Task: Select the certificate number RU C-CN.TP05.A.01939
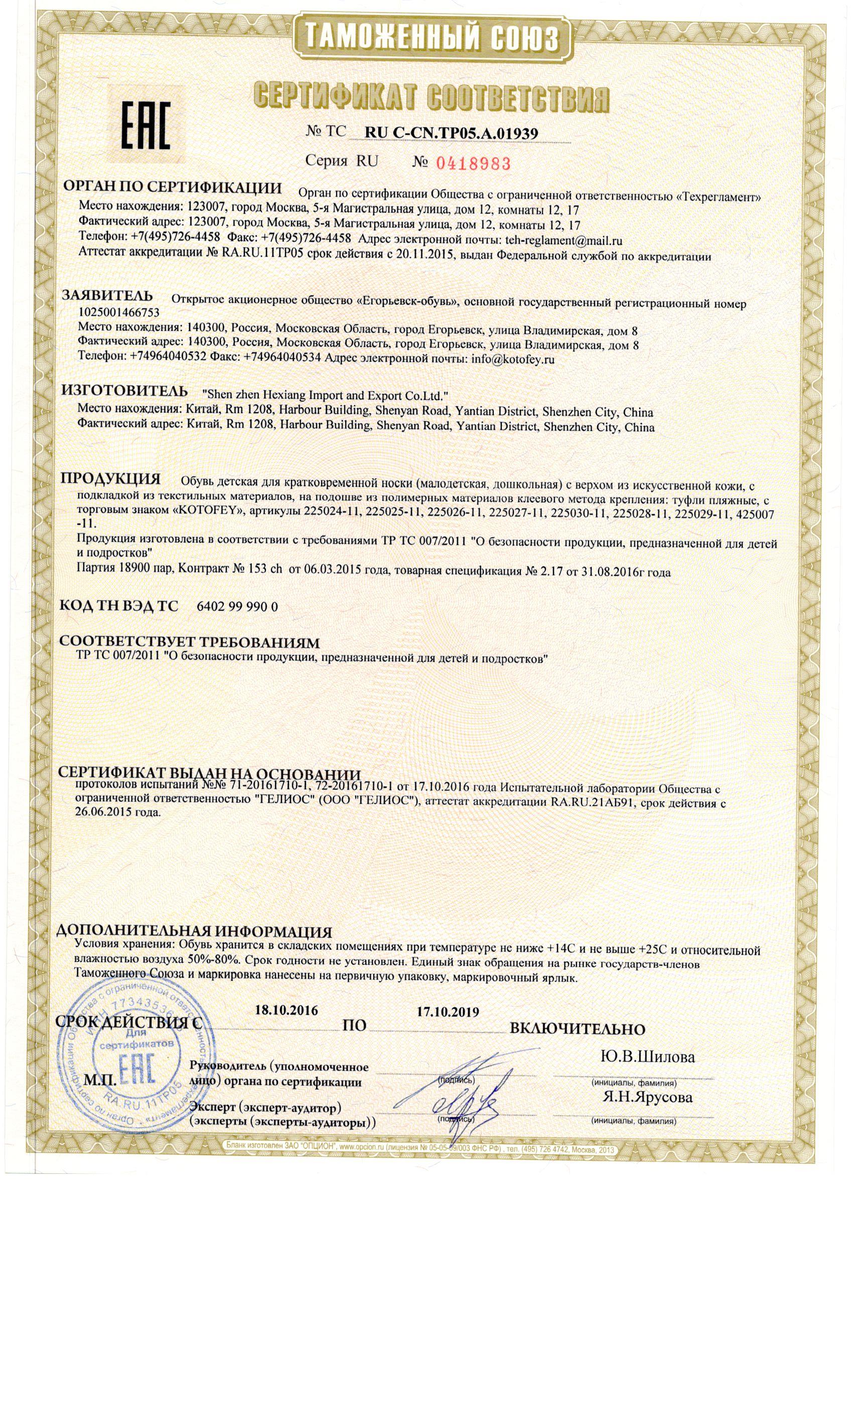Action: [x=451, y=133]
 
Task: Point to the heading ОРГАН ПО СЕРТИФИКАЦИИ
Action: [x=172, y=188]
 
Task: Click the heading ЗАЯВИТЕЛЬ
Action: [x=107, y=296]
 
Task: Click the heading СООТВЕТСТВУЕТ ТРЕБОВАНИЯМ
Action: [x=189, y=642]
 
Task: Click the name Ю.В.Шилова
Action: [x=648, y=1057]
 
